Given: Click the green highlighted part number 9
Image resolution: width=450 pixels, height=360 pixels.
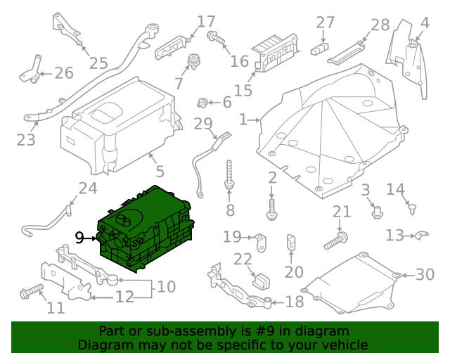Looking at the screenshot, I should pyautogui.click(x=148, y=226).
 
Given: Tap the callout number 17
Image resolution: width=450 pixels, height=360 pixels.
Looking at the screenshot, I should pyautogui.click(x=206, y=22).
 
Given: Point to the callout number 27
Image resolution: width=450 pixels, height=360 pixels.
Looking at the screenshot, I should pyautogui.click(x=326, y=23).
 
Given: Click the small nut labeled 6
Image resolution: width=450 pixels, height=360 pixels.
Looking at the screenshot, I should pyautogui.click(x=203, y=103).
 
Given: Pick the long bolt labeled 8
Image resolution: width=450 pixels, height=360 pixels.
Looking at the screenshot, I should pyautogui.click(x=230, y=176).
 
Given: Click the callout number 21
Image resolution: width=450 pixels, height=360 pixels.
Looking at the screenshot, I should pyautogui.click(x=341, y=212).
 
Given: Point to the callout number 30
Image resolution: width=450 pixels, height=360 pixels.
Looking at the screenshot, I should pyautogui.click(x=425, y=274).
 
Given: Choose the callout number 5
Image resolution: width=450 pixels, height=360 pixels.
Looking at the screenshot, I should pyautogui.click(x=160, y=172).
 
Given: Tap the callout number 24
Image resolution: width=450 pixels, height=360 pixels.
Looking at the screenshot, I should pyautogui.click(x=88, y=188).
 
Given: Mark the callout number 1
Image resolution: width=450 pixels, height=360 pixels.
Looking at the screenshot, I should pyautogui.click(x=243, y=120).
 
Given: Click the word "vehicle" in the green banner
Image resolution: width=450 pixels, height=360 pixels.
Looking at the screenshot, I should pyautogui.click(x=345, y=345).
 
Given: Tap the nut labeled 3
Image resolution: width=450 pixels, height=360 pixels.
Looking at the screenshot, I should pyautogui.click(x=376, y=209).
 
